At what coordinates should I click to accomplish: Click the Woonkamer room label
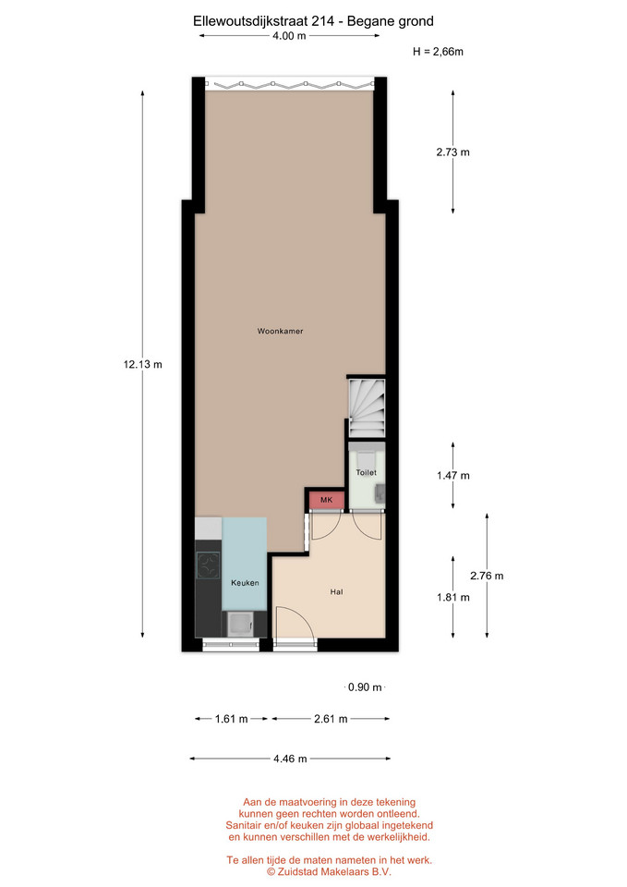tap(280, 331)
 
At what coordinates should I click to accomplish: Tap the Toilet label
tap(366, 472)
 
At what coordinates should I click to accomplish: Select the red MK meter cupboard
tap(327, 500)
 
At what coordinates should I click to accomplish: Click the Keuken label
tap(245, 583)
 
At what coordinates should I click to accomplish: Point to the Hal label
tap(336, 591)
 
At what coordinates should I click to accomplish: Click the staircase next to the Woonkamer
tap(367, 407)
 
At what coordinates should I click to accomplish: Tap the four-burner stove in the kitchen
tap(208, 565)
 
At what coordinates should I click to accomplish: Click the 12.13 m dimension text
tap(142, 364)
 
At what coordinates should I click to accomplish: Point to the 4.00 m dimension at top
tap(289, 36)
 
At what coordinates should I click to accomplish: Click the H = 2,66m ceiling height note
tap(439, 52)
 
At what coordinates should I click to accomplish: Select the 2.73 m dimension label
tap(452, 152)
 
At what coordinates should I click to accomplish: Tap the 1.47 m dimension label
tap(452, 475)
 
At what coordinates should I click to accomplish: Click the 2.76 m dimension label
tap(487, 576)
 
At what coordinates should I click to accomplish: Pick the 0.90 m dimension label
tap(365, 687)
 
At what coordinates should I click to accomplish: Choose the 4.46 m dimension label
tap(290, 759)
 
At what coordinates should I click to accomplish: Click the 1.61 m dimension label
tap(231, 719)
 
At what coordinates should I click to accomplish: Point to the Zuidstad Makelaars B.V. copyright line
tap(329, 871)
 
